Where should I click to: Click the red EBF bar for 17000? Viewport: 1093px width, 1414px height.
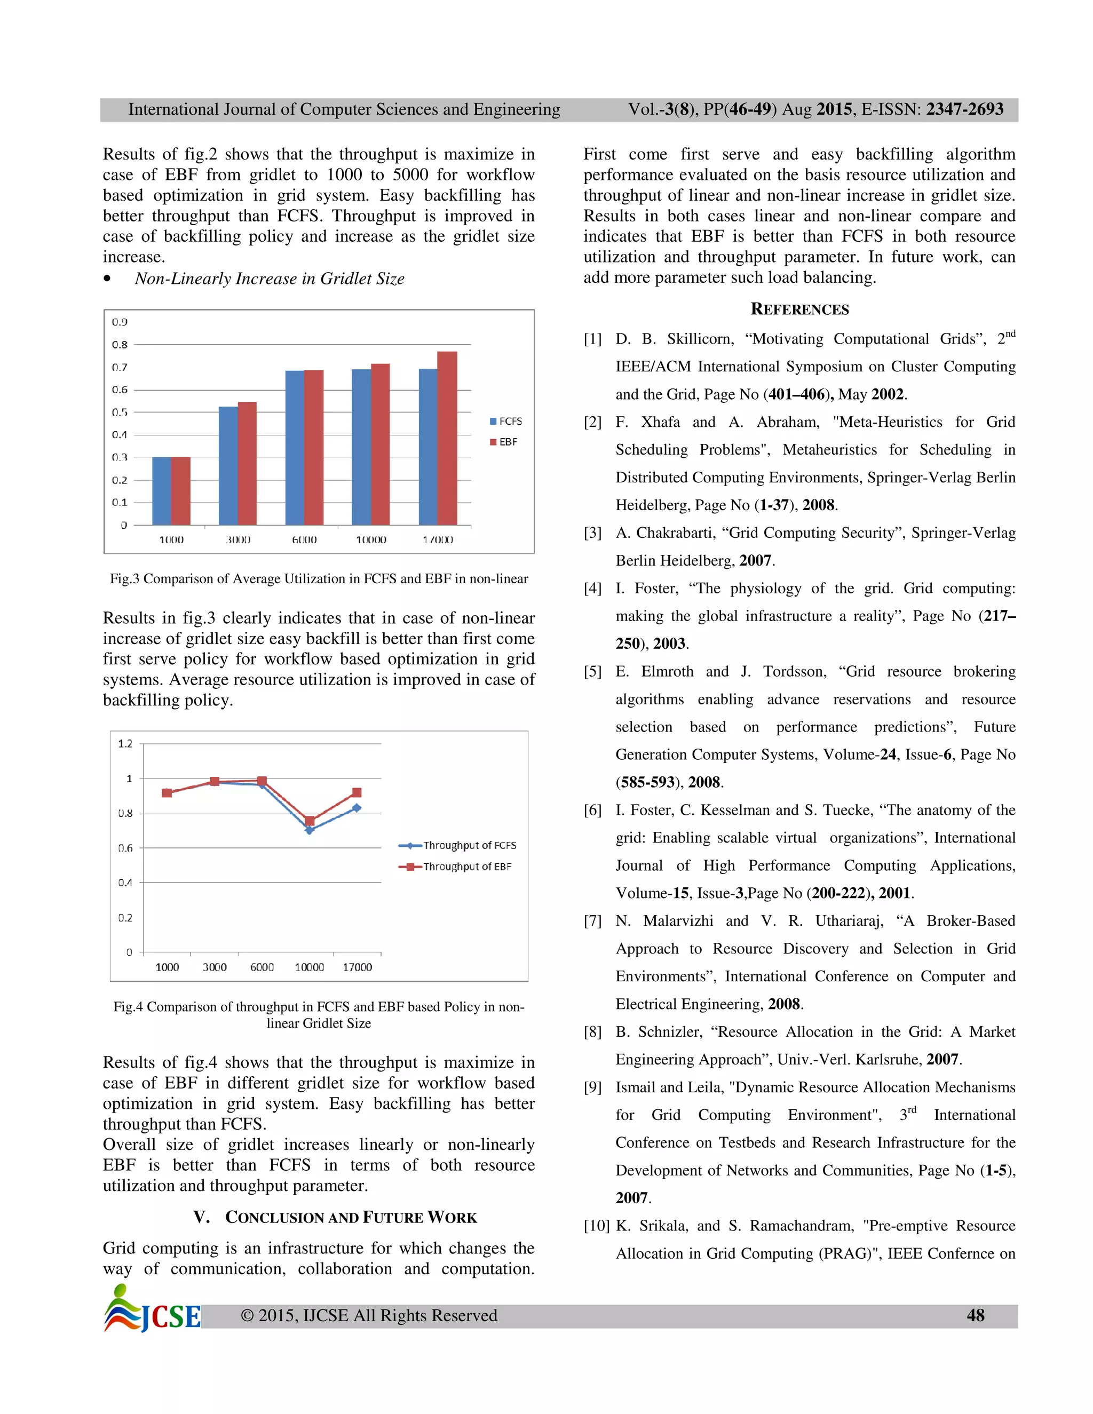[x=447, y=438]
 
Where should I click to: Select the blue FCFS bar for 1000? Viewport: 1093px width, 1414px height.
[x=161, y=491]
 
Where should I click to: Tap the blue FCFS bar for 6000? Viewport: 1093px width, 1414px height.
[x=295, y=447]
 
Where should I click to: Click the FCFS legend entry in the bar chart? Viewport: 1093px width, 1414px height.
[x=506, y=422]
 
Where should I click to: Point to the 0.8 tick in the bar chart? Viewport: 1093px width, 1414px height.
[x=120, y=345]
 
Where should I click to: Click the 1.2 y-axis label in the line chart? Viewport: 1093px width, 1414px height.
[x=125, y=743]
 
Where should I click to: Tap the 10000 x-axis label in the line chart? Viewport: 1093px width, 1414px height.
[x=309, y=967]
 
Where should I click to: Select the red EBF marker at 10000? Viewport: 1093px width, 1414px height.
[x=310, y=821]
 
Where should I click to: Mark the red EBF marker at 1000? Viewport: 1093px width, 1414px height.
[x=167, y=792]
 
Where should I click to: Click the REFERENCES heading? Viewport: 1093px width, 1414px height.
[x=799, y=309]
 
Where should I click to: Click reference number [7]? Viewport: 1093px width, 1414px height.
[x=592, y=922]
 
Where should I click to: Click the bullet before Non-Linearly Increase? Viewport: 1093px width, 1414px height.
[x=107, y=279]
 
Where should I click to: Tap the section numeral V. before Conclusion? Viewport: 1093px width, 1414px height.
[x=201, y=1217]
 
